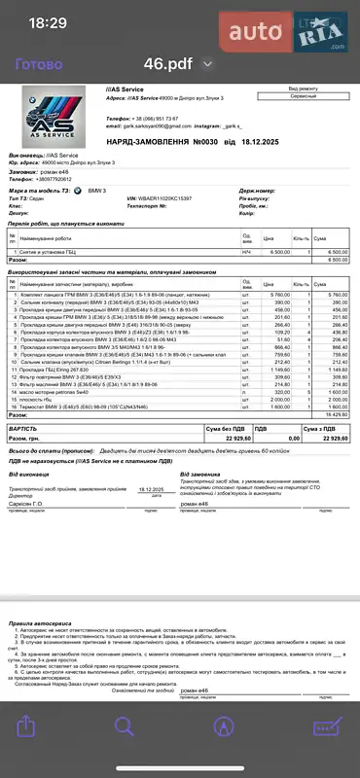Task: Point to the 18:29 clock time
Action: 48,22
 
